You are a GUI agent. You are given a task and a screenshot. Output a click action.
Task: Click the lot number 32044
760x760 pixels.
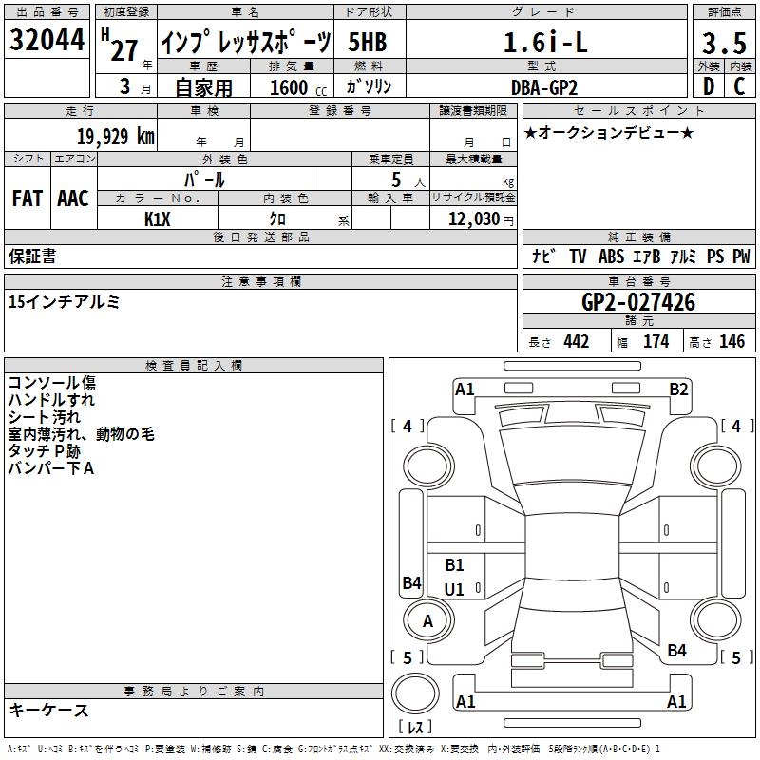[47, 40]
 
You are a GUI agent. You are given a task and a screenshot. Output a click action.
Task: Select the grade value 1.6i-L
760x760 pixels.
[545, 42]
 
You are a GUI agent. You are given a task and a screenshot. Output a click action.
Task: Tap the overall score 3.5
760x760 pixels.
[724, 43]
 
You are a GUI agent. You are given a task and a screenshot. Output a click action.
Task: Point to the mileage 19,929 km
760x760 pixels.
[116, 137]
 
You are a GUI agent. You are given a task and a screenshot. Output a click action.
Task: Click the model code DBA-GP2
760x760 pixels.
[544, 87]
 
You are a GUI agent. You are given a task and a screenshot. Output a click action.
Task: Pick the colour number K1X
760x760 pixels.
[158, 219]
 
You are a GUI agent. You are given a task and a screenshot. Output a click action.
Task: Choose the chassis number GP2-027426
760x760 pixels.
[638, 302]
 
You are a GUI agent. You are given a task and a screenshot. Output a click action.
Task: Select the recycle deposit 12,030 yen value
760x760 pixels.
[481, 219]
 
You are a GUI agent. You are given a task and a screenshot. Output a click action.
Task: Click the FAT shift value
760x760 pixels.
[28, 199]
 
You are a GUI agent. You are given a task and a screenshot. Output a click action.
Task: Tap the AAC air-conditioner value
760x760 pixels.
[73, 199]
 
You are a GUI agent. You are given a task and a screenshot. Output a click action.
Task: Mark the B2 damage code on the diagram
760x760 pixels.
[678, 389]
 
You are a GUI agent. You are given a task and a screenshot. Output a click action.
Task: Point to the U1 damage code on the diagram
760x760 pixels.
[454, 589]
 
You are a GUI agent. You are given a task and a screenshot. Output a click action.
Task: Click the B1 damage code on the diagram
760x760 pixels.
[454, 564]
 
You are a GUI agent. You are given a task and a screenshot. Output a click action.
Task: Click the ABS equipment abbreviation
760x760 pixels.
[611, 256]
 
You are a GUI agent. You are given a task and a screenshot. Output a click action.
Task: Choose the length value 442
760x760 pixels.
[577, 342]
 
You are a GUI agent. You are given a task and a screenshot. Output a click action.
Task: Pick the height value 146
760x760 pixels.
[731, 342]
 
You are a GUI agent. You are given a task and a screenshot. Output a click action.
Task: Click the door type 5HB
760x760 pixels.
[368, 42]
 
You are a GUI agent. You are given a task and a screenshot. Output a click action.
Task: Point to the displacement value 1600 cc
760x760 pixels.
[298, 87]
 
